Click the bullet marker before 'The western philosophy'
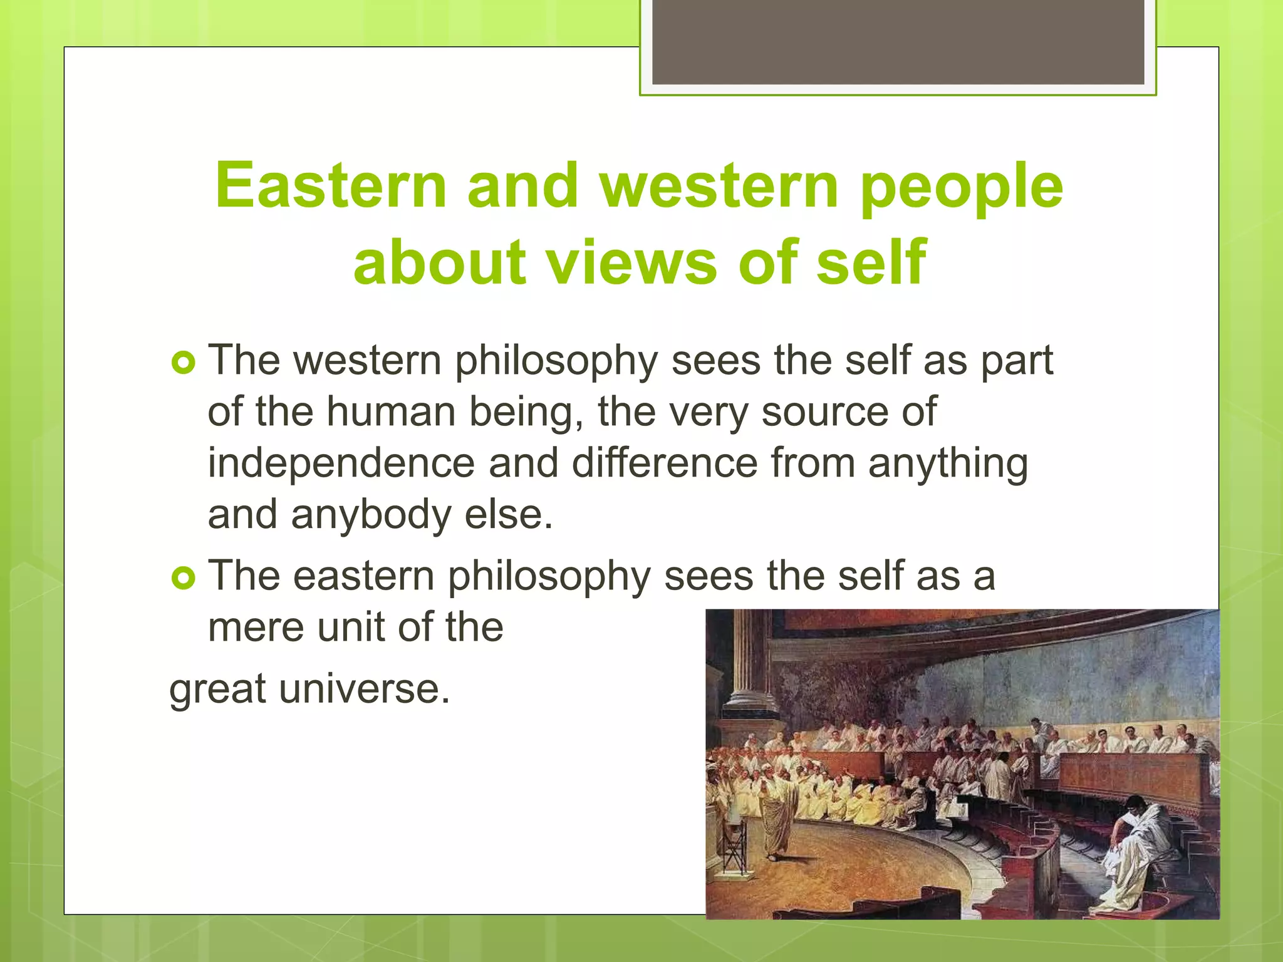click(184, 363)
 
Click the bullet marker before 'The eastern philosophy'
click(184, 577)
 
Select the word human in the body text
click(391, 412)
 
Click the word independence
click(341, 463)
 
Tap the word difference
click(665, 463)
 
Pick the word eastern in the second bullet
click(363, 576)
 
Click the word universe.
click(364, 689)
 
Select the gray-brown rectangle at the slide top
click(898, 42)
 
